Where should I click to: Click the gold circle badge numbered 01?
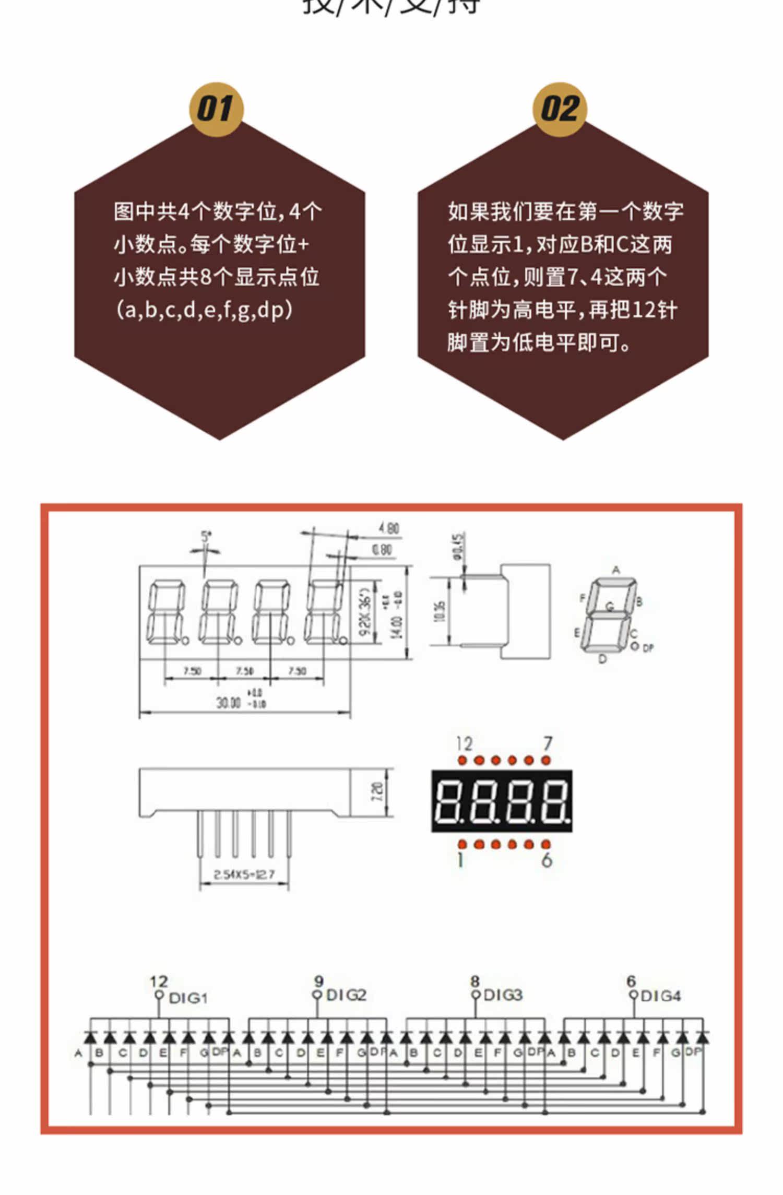pos(216,109)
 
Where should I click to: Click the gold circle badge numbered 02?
pos(560,109)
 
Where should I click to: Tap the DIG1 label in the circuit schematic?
pos(188,998)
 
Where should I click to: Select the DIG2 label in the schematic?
pos(346,995)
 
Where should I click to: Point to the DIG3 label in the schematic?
pos(503,995)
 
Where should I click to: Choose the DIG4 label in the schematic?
pos(661,996)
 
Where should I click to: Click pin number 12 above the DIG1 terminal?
pos(159,982)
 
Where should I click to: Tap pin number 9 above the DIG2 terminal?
pos(318,981)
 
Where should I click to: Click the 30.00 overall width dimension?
pos(229,702)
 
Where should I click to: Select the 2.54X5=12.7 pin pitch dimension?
pos(244,874)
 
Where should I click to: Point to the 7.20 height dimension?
pos(377,792)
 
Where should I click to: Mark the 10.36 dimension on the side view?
pos(440,611)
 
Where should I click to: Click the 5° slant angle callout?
pos(206,536)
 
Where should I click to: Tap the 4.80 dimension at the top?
pos(389,528)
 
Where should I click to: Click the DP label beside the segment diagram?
pos(648,648)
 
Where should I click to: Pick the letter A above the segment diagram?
pos(616,570)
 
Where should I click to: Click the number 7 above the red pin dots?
pos(548,743)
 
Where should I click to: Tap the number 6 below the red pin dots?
pos(547,859)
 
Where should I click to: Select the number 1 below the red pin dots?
pos(460,859)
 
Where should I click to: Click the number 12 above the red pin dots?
pos(464,743)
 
